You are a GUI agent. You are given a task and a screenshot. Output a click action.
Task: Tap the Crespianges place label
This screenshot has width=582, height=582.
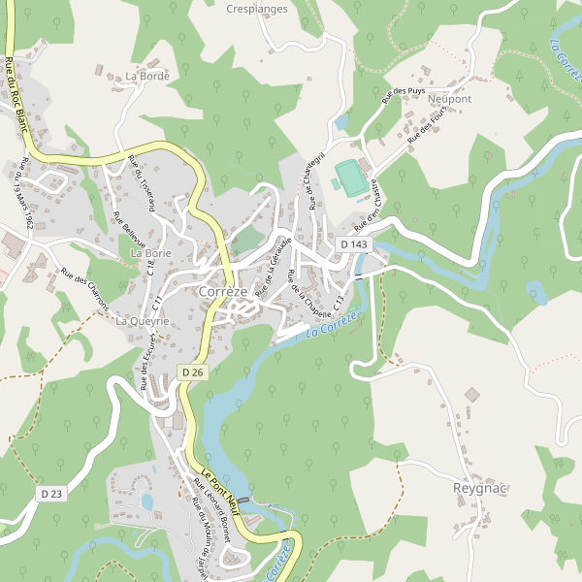(256, 10)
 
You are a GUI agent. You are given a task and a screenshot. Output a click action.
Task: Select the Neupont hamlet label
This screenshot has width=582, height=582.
(449, 99)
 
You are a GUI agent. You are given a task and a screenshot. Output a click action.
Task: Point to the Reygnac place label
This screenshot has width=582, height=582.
(481, 488)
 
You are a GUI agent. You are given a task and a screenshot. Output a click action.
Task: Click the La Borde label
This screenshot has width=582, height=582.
(147, 76)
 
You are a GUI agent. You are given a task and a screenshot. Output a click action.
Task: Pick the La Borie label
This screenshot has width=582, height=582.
(150, 253)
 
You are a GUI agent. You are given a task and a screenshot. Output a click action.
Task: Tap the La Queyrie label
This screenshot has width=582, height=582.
(143, 320)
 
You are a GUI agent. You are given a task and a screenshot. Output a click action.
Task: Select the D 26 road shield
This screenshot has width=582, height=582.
(192, 372)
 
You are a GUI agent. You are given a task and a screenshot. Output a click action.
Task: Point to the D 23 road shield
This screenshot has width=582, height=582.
(51, 494)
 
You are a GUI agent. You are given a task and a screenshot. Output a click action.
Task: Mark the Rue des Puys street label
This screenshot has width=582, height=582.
(404, 94)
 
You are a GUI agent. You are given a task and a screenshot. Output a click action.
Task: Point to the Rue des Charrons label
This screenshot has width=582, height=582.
(84, 289)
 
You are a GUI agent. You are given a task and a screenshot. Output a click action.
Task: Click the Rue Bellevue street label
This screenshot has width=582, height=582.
(129, 229)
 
